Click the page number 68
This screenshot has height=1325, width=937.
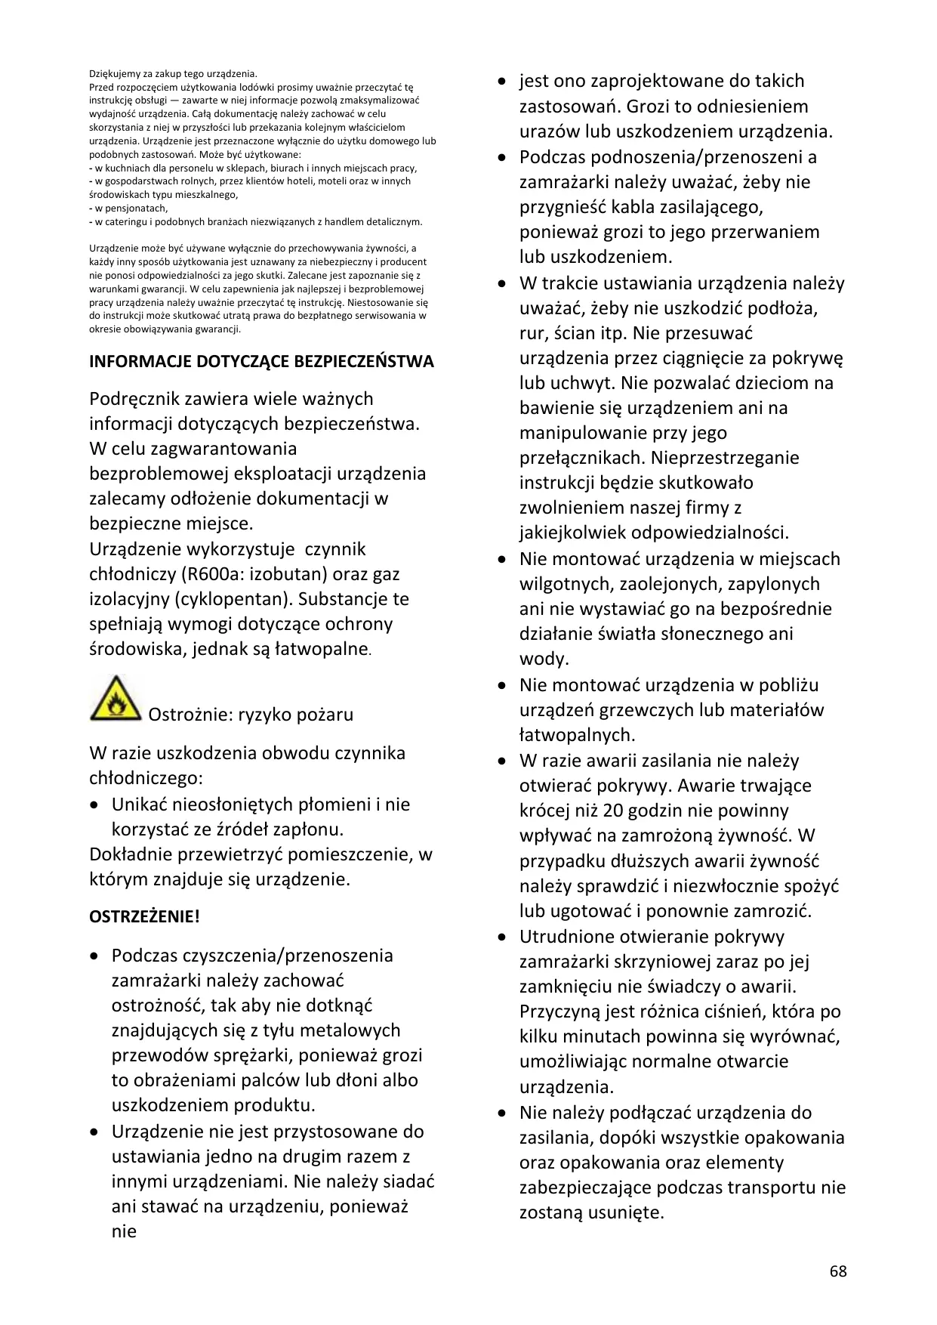pos(838,1271)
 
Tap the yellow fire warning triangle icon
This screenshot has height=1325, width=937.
pos(116,699)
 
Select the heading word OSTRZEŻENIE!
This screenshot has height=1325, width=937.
pos(144,917)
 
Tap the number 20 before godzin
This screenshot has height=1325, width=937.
pos(613,811)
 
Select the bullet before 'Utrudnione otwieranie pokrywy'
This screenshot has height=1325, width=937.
pos(501,937)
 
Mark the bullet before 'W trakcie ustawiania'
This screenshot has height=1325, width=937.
pos(501,284)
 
